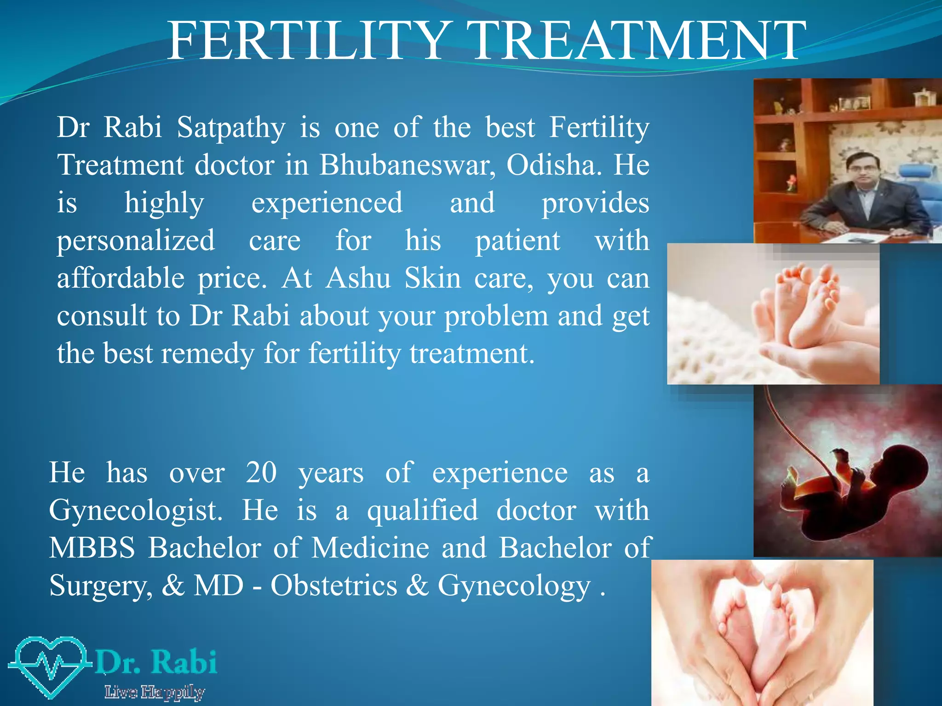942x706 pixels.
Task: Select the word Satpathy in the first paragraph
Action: [x=231, y=128]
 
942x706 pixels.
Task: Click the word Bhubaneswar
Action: [x=408, y=165]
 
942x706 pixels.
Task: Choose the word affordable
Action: [x=121, y=278]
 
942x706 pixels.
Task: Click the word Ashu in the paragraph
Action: [x=358, y=278]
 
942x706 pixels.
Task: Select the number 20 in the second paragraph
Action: [x=261, y=473]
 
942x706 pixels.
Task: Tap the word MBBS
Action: [x=92, y=548]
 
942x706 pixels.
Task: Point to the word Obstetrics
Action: [x=333, y=586]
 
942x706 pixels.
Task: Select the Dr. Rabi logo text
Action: [x=156, y=662]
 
